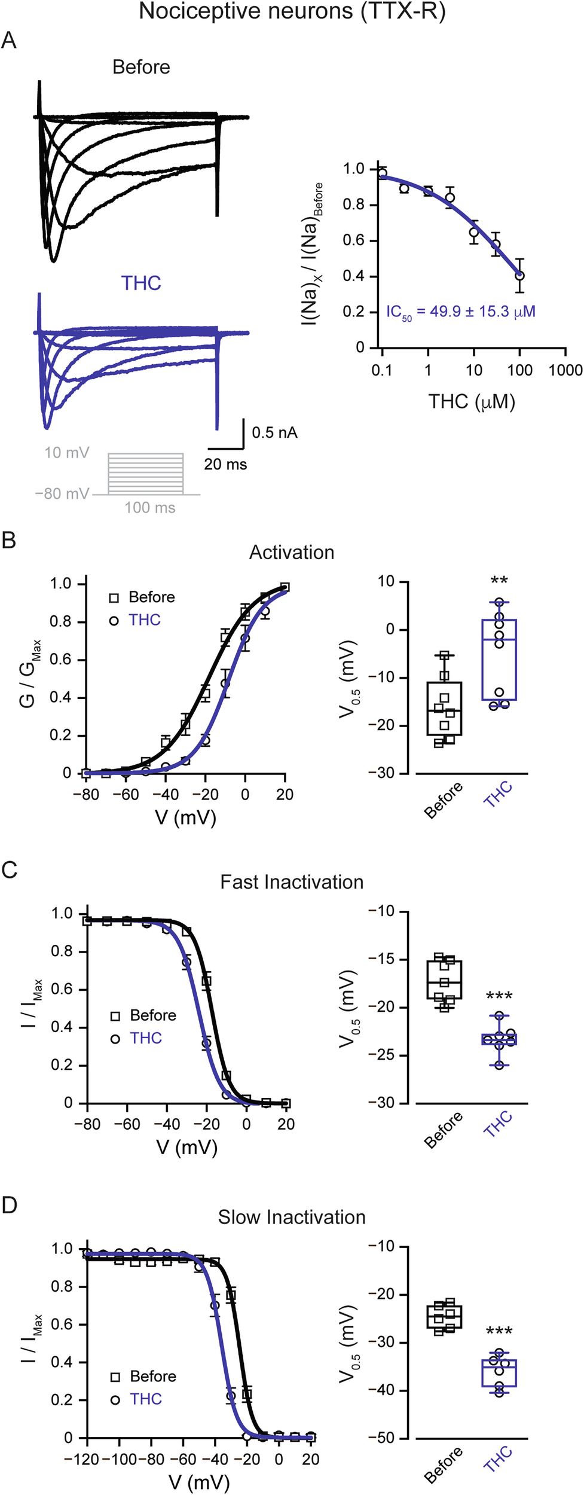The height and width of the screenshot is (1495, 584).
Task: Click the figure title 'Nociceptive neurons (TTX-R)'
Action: coord(292,11)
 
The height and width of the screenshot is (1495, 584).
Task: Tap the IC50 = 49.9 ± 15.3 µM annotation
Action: coord(460,312)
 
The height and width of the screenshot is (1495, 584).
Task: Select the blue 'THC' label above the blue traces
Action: coord(141,283)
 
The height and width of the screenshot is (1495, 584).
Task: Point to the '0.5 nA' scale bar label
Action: coord(274,432)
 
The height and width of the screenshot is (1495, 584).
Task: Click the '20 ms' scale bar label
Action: coord(225,464)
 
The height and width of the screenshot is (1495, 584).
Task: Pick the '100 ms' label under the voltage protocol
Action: coord(149,508)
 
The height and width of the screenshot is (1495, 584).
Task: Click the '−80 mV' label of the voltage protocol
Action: coord(62,494)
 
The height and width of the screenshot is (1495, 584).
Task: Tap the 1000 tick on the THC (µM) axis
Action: coord(565,370)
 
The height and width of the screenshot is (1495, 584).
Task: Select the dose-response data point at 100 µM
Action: coord(519,276)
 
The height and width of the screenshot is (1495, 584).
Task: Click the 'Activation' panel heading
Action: coord(291,552)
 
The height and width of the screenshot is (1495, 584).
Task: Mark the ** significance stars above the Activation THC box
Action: coord(499,581)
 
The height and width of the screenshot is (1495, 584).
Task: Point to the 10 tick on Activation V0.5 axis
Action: coord(386,581)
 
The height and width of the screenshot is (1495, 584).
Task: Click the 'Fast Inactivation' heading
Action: coord(291,882)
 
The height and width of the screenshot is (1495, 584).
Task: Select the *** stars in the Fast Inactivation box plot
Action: coord(499,996)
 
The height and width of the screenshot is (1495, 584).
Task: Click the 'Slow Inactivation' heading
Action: coord(291,1217)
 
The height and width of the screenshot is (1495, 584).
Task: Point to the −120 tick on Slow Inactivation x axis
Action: coord(82,1459)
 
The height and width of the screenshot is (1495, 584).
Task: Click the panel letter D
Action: coord(9,1205)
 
